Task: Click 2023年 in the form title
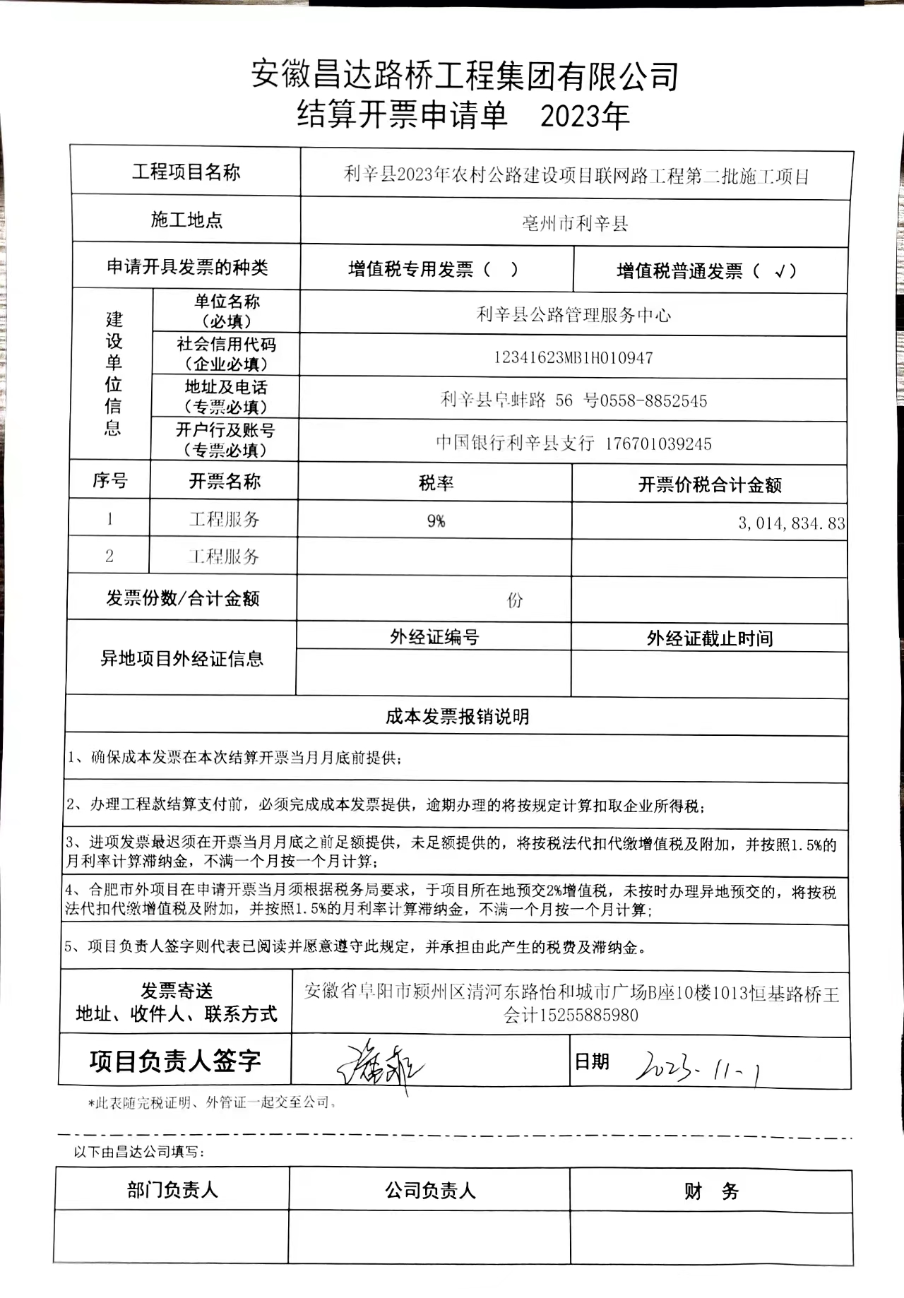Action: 584,115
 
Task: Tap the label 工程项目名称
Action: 186,172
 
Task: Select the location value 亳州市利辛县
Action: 575,224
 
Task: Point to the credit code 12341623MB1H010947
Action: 573,358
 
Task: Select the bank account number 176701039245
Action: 658,444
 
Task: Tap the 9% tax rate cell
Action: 436,521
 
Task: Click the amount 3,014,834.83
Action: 791,523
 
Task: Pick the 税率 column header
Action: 436,483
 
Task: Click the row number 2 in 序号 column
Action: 109,556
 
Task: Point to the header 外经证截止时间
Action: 710,639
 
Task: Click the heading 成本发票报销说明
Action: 457,717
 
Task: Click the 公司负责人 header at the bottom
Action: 430,1191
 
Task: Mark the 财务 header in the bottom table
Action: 710,1192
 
